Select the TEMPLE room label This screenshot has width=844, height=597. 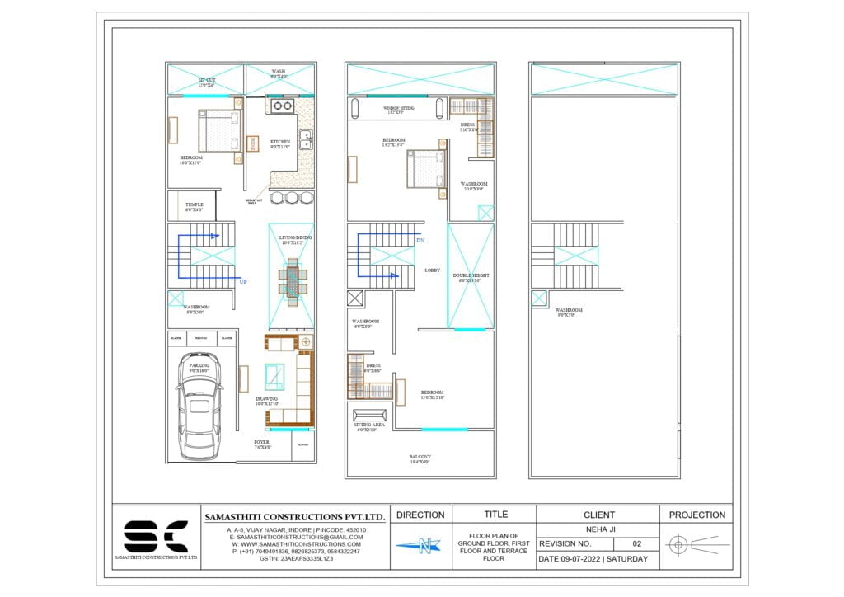point(194,204)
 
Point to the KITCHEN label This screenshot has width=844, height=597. point(280,142)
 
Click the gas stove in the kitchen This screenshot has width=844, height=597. point(283,106)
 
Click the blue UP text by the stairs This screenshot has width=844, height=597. point(243,282)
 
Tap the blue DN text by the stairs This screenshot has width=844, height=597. point(420,241)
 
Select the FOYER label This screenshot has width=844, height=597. point(261,443)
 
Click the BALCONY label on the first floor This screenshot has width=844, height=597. point(420,457)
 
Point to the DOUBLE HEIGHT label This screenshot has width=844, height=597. point(471,276)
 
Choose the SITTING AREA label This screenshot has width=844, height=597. point(367,428)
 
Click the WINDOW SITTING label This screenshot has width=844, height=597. point(399,108)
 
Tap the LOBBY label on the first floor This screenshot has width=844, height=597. point(433,270)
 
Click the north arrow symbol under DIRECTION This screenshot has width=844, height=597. point(421,545)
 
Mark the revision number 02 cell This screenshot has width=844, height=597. point(636,544)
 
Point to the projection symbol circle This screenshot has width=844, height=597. point(678,544)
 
